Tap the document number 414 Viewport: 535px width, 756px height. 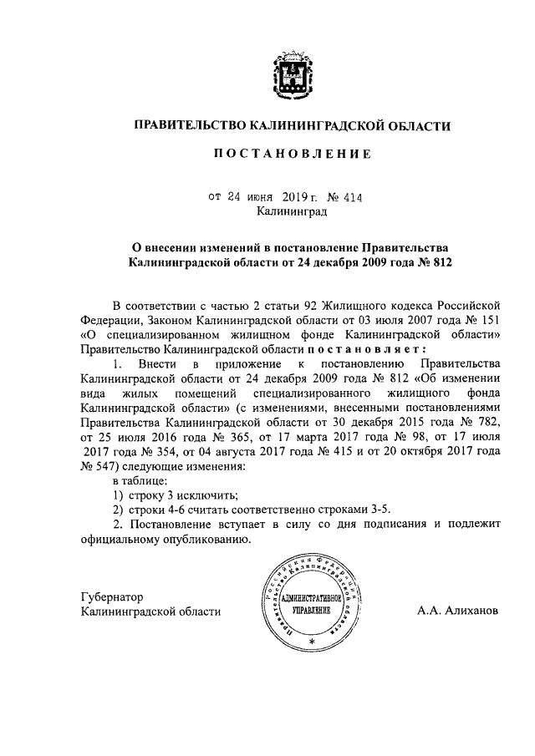[x=350, y=197]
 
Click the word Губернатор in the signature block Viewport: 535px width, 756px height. [x=113, y=597]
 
